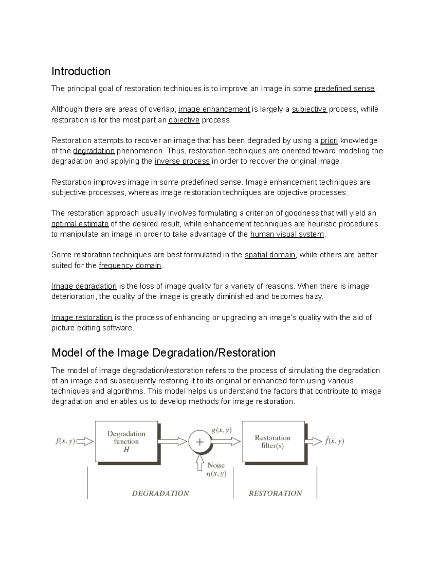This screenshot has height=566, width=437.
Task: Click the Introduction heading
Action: pyautogui.click(x=81, y=71)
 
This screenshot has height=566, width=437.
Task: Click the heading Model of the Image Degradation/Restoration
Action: pyautogui.click(x=164, y=353)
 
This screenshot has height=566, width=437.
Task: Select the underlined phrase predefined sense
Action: pyautogui.click(x=344, y=89)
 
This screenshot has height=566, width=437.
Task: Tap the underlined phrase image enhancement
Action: pyautogui.click(x=214, y=109)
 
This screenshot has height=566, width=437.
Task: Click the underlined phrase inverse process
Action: pyautogui.click(x=182, y=161)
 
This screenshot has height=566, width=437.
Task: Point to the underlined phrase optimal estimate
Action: pyautogui.click(x=80, y=224)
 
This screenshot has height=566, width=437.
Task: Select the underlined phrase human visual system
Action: pyautogui.click(x=287, y=234)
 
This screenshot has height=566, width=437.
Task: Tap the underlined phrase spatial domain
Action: pyautogui.click(x=270, y=255)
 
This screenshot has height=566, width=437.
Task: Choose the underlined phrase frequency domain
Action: pyautogui.click(x=130, y=266)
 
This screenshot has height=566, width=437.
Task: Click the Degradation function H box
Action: pyautogui.click(x=126, y=441)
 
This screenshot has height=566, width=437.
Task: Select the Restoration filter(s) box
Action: pyautogui.click(x=273, y=441)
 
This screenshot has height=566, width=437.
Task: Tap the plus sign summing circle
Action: pyautogui.click(x=200, y=442)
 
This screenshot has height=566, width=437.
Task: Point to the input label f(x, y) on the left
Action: pyautogui.click(x=65, y=441)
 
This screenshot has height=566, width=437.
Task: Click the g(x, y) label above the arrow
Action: pyautogui.click(x=221, y=430)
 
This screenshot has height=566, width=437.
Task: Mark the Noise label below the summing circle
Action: pyautogui.click(x=216, y=465)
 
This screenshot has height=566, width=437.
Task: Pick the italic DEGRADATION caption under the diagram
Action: pyautogui.click(x=160, y=493)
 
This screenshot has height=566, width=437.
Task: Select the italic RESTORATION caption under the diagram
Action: pyautogui.click(x=275, y=493)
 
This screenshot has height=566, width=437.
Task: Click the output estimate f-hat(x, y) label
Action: pyautogui.click(x=334, y=441)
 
